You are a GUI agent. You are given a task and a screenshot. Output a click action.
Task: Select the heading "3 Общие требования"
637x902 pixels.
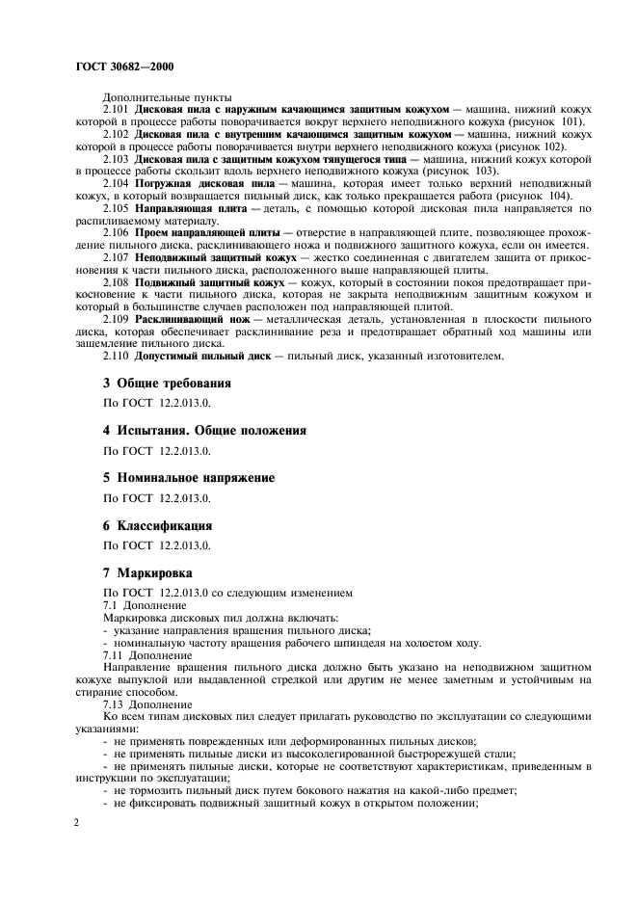click(x=167, y=383)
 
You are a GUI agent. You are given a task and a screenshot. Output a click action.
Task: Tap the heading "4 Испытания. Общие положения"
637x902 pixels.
click(x=204, y=430)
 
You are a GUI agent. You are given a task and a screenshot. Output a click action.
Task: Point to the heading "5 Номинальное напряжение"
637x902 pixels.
click(x=189, y=478)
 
